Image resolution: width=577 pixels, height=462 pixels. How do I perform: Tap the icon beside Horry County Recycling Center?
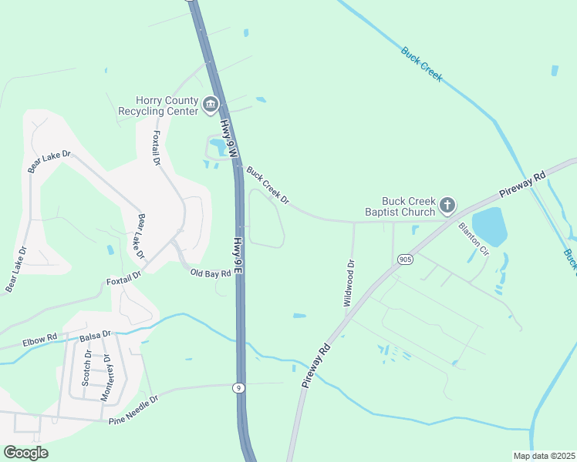(211, 105)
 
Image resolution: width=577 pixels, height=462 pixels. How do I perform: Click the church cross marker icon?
(447, 206)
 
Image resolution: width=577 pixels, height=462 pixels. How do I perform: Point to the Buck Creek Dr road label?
(268, 186)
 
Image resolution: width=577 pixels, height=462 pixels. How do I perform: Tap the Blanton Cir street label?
(474, 239)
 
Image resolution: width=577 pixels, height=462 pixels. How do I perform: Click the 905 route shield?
(406, 259)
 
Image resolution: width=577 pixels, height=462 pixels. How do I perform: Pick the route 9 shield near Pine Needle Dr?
(240, 388)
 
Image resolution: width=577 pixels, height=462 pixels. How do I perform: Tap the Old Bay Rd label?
(211, 273)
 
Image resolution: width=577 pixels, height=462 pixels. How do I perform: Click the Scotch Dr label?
(87, 367)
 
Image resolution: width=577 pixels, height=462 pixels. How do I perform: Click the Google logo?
(25, 453)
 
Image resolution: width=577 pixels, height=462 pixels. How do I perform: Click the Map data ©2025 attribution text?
(543, 455)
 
